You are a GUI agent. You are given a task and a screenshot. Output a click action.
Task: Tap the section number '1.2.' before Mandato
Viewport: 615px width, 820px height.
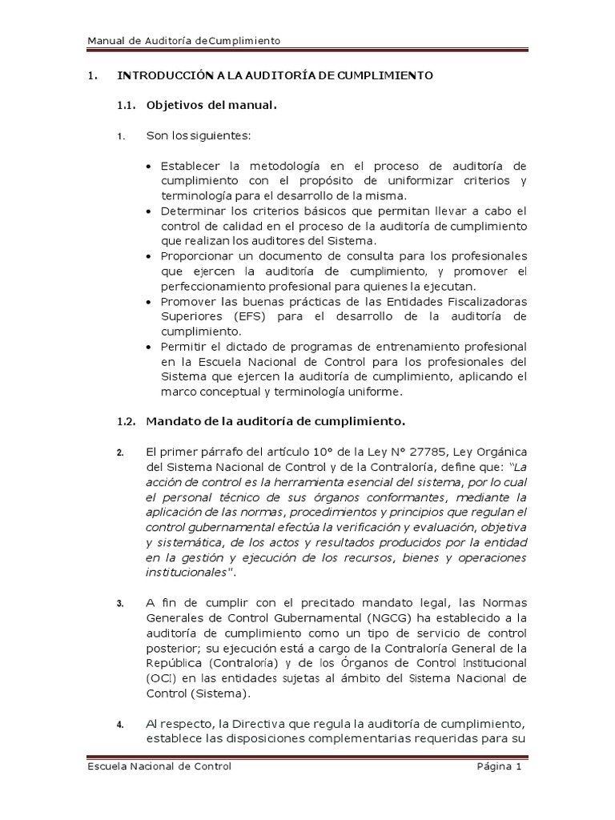coord(127,420)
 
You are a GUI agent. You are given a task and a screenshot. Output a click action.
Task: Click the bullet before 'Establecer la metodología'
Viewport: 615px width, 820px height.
coord(151,167)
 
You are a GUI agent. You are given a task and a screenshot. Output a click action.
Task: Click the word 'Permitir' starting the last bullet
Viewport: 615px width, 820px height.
coord(181,347)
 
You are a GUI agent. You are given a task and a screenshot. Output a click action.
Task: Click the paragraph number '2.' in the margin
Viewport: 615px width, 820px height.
coord(120,452)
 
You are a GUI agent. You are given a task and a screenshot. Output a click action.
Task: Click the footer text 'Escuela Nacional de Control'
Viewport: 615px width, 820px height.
coord(159,767)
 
